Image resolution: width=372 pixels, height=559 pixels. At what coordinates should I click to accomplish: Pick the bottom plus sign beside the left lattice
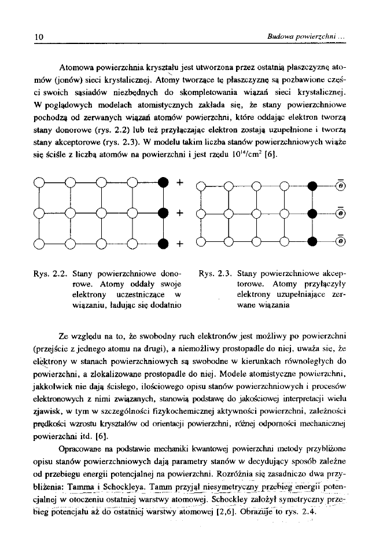[x=180, y=242]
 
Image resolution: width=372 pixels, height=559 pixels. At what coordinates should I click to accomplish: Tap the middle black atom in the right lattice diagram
[x=313, y=214]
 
